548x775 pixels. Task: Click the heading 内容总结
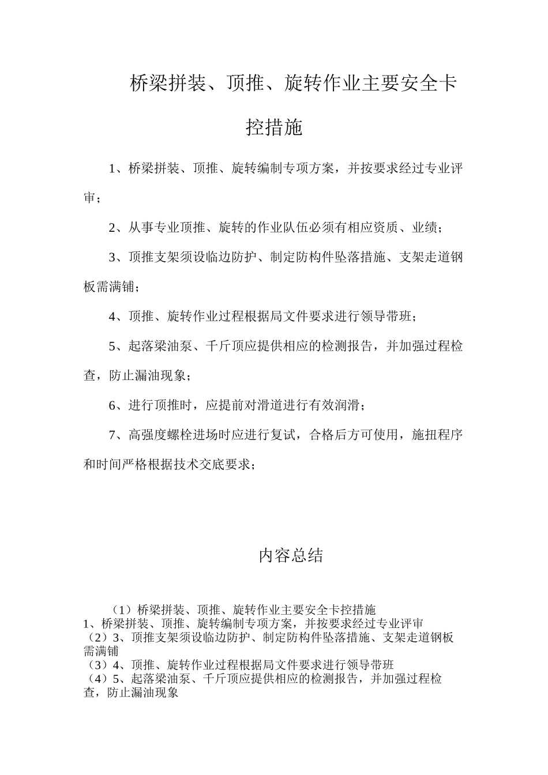[290, 556]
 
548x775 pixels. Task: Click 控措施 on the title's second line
[274, 127]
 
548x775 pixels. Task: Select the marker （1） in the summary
[122, 610]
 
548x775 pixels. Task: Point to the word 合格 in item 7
[322, 435]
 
